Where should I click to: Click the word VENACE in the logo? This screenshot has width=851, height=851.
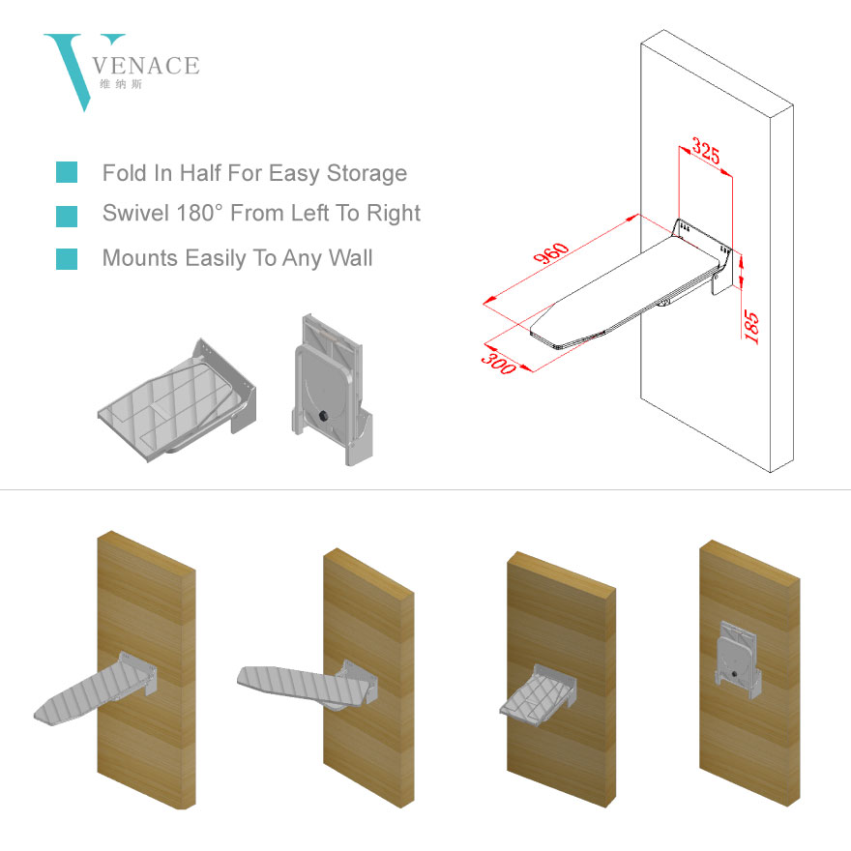pos(149,67)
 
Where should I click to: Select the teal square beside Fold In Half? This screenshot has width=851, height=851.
pos(67,173)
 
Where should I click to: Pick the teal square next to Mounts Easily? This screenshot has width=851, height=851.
pos(67,258)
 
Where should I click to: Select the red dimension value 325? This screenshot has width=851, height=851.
pos(706,153)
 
